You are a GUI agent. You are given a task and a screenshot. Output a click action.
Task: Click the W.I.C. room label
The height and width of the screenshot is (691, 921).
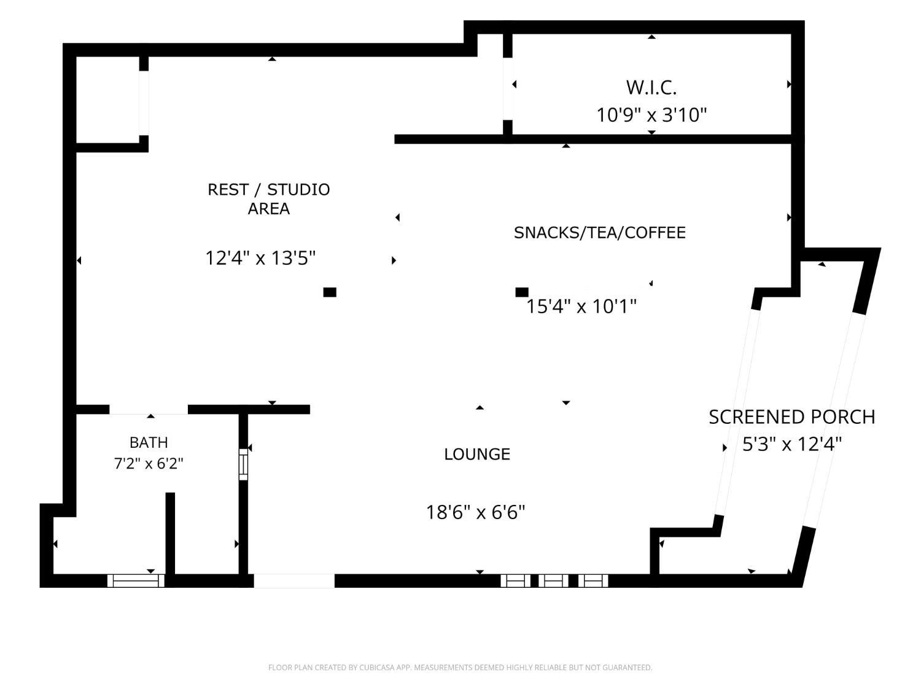(x=651, y=88)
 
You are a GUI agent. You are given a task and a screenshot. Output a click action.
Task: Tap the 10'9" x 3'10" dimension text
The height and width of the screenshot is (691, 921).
(x=651, y=114)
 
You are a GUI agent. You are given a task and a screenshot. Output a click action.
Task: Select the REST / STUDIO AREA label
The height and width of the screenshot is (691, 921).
(x=268, y=199)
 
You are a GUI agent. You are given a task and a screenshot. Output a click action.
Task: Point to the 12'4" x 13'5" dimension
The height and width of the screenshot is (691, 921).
(x=260, y=257)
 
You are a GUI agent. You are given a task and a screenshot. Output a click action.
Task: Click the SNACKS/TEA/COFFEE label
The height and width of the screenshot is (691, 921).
(x=600, y=232)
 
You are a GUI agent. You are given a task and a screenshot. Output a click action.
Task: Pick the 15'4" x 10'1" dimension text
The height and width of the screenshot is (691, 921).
(x=581, y=306)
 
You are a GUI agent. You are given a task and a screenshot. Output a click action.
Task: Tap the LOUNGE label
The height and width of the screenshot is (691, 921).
(x=477, y=454)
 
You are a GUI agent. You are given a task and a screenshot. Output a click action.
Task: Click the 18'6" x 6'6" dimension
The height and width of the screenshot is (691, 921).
(x=475, y=512)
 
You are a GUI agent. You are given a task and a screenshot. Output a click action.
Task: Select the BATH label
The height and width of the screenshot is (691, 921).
(x=149, y=442)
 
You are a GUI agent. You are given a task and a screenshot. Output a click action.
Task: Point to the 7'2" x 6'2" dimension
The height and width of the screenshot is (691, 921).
(x=149, y=464)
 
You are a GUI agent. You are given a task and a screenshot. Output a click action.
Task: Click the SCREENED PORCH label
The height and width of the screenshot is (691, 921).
(x=792, y=417)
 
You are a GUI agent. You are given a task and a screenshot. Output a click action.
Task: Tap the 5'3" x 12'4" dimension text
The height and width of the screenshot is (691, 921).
(x=792, y=444)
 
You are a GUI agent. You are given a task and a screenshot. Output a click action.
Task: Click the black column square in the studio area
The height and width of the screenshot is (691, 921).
(x=330, y=292)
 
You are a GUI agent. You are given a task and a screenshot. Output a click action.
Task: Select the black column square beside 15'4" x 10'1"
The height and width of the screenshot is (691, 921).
(x=521, y=292)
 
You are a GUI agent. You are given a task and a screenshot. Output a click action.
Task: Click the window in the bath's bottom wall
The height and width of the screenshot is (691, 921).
(x=136, y=580)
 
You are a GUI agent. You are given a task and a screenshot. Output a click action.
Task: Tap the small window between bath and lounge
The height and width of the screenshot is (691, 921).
(x=243, y=464)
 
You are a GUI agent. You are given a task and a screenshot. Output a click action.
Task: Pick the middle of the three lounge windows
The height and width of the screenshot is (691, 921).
(x=553, y=580)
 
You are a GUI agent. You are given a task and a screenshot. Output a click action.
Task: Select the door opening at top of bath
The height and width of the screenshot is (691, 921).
(x=149, y=410)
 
